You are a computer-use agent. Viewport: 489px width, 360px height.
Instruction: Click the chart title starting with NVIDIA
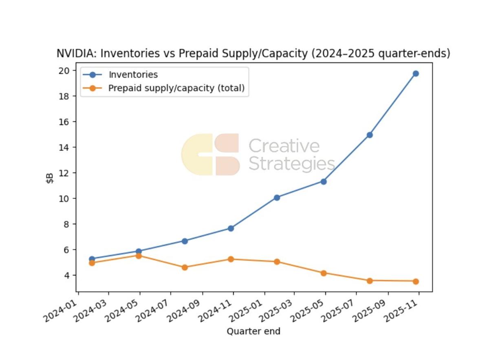point(253,54)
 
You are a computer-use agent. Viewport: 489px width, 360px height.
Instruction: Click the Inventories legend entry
point(133,75)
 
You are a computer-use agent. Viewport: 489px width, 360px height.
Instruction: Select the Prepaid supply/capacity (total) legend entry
point(176,88)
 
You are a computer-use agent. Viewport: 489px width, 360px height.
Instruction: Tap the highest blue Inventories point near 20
point(416,74)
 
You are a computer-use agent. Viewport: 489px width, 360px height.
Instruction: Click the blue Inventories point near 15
point(370,135)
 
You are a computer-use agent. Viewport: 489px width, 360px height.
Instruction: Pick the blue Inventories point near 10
point(277,197)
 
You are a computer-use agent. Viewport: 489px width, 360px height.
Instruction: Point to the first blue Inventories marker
point(92,259)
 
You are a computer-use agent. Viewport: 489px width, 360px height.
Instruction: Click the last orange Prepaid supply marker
point(416,281)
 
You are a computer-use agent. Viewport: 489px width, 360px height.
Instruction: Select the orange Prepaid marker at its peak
point(139,256)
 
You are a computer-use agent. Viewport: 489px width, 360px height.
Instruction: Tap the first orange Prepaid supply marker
point(92,263)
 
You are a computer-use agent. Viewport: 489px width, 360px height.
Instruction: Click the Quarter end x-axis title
point(253,331)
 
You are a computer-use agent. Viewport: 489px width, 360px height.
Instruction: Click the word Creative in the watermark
point(284,146)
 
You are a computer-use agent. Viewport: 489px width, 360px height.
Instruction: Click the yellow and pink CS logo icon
point(210,155)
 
